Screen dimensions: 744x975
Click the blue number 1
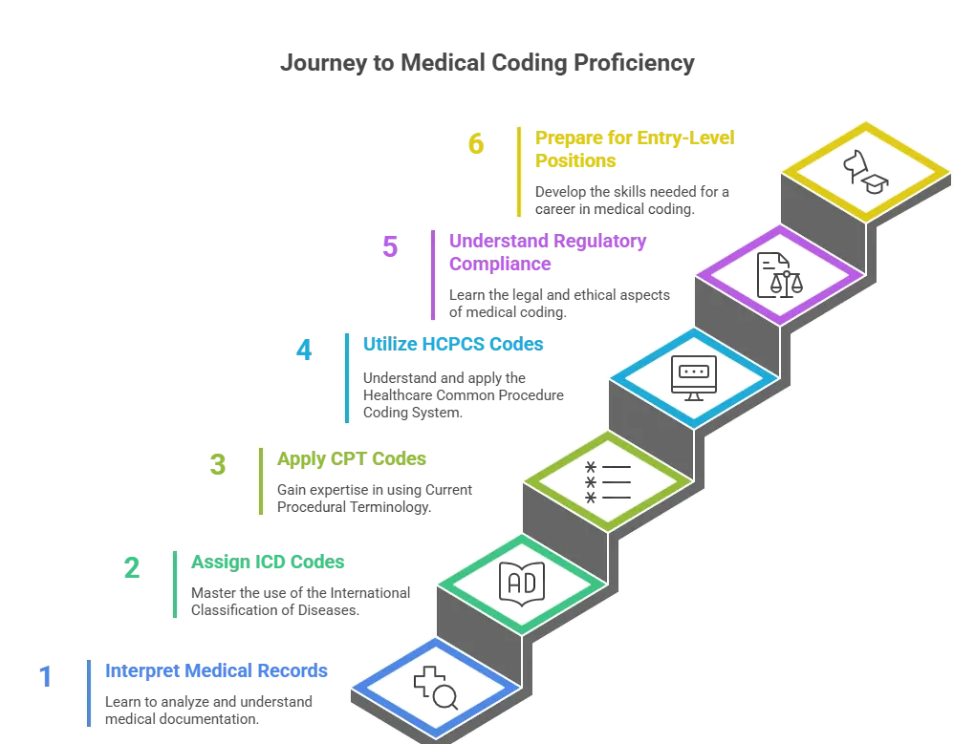coord(45,677)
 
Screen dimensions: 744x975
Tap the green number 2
coord(132,567)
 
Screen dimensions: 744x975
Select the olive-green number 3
coord(218,465)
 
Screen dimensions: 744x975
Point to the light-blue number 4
coord(303,351)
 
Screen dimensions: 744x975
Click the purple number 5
coord(390,245)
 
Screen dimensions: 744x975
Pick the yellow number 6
coord(475,144)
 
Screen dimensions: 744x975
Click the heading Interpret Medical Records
coord(215,671)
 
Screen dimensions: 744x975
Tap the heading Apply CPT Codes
coord(351,458)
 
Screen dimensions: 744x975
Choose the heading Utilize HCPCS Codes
coord(452,344)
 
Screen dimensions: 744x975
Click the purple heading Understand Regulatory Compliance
coord(547,253)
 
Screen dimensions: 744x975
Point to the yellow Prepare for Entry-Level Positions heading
coord(633,149)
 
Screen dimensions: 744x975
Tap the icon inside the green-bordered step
coord(522,583)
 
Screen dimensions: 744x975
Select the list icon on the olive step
coord(608,480)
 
